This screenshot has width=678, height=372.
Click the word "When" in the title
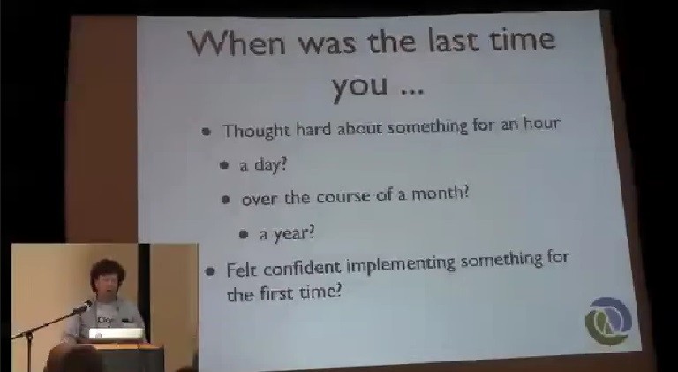(237, 42)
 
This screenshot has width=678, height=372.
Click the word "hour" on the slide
(541, 124)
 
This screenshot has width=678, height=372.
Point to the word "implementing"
(401, 265)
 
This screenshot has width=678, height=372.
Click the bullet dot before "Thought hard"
(207, 131)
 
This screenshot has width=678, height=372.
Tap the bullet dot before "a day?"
(224, 165)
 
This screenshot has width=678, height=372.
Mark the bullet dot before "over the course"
(225, 199)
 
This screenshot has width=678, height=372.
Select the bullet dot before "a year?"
(244, 234)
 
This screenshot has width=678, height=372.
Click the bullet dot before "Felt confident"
(210, 271)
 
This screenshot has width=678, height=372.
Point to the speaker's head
(107, 277)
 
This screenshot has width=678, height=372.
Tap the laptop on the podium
(116, 333)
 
